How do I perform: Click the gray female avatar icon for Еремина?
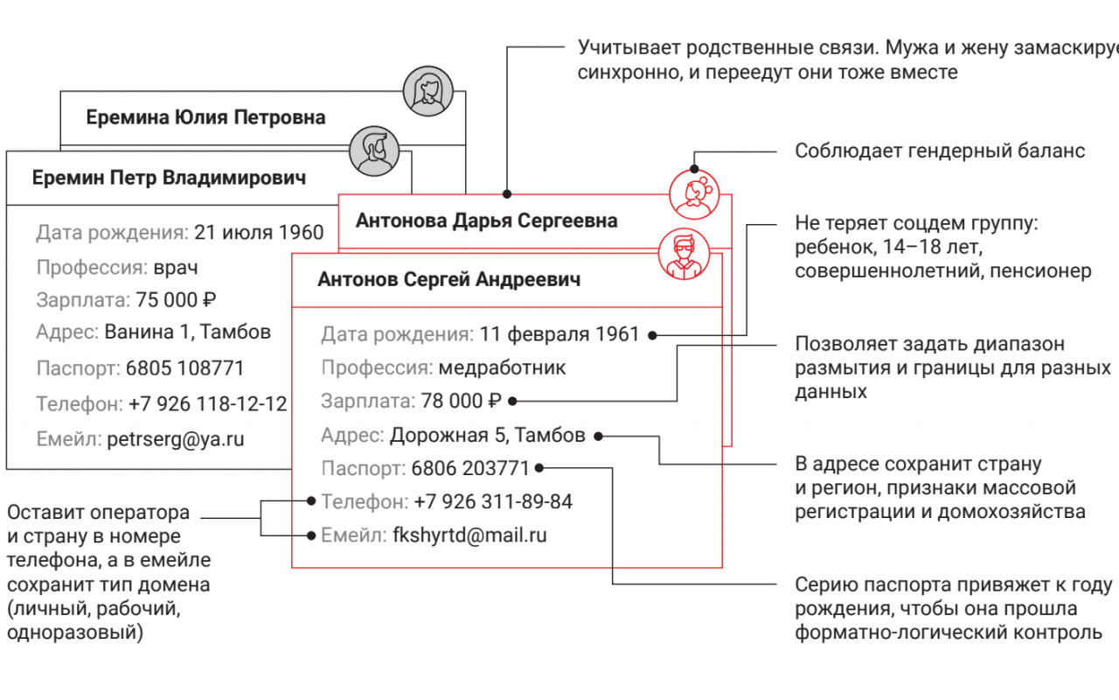pos(428,91)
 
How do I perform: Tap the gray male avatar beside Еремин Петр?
pos(374,150)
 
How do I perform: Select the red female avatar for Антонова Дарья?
pos(694,194)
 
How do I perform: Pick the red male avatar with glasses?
pos(684,254)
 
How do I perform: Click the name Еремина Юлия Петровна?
pos(205,117)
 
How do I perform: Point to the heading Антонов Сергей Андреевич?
pos(449,279)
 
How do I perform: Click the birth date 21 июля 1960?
pos(259,233)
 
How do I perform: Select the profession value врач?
pos(176,268)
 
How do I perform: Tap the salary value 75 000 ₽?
pos(176,300)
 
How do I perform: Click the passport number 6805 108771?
pos(184,368)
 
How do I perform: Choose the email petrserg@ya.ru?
pos(176,439)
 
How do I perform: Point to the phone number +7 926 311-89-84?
pos(493,501)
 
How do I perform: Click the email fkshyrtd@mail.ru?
pos(469,535)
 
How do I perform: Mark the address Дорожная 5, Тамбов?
pos(488,435)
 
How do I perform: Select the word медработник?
pos(502,368)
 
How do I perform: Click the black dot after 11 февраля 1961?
pos(652,335)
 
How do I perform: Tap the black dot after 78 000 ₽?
pos(512,401)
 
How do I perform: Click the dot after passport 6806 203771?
pos(539,468)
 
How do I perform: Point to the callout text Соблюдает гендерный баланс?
pos(940,151)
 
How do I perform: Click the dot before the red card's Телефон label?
pos(311,501)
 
